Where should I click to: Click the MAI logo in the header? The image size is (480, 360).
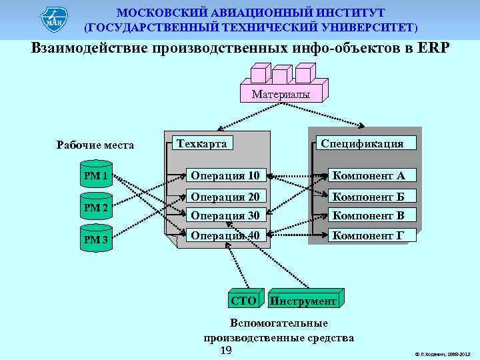(54, 20)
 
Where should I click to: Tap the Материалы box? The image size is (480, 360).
(280, 95)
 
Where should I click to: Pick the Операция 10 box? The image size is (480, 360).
(226, 176)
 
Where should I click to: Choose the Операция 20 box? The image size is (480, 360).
(226, 197)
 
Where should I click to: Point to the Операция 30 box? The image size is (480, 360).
(226, 215)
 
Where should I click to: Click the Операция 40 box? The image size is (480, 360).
(226, 235)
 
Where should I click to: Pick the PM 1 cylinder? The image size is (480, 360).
(96, 176)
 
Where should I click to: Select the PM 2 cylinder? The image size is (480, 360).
(96, 208)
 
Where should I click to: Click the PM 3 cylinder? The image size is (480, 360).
(96, 239)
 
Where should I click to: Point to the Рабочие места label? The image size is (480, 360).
(95, 145)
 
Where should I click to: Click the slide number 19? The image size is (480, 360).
(225, 351)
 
